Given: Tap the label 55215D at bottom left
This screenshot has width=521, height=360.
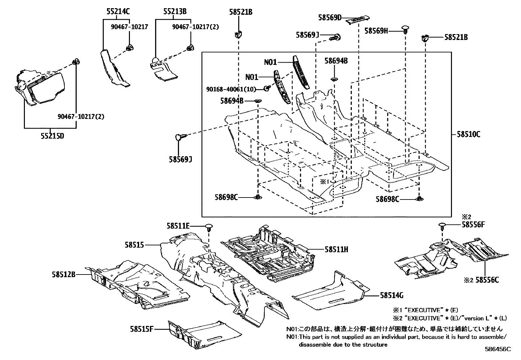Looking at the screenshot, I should (x=52, y=136).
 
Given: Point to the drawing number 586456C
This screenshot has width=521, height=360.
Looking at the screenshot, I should (x=497, y=350).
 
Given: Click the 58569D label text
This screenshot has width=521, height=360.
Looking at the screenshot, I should (x=330, y=18).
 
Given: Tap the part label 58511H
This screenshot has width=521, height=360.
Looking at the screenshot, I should (x=336, y=250).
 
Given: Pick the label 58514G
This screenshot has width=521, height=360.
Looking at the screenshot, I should (x=392, y=296).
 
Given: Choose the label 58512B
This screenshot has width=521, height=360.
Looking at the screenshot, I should (x=63, y=274).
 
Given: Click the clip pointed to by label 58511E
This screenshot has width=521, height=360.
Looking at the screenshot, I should (x=209, y=226).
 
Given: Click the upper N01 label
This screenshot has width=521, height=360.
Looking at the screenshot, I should (x=271, y=62).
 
